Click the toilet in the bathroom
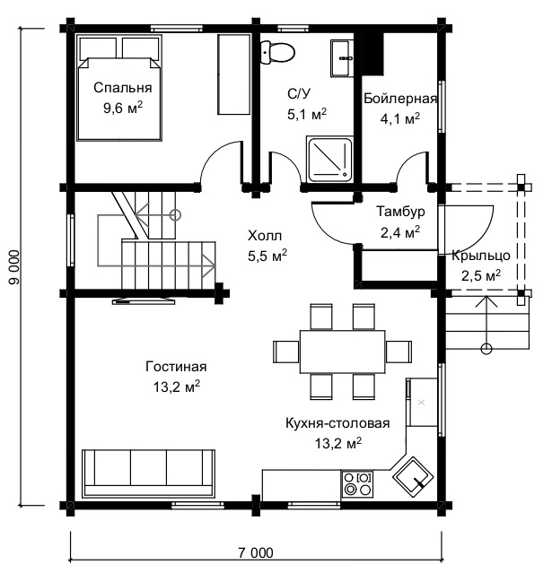(277, 52)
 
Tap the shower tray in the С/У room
(329, 160)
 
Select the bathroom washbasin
(341, 58)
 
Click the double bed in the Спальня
(119, 88)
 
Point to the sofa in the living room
(149, 473)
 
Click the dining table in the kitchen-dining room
(343, 352)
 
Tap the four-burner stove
(357, 483)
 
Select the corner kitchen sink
(413, 476)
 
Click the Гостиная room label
(176, 367)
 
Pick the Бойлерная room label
(400, 99)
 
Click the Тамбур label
(401, 212)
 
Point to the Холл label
(265, 235)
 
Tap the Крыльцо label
(481, 256)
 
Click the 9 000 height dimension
(13, 267)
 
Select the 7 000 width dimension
(256, 552)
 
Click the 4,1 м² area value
(400, 118)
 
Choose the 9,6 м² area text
(123, 108)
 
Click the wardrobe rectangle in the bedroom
(233, 74)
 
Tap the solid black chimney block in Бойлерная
(372, 54)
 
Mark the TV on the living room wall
(144, 300)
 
